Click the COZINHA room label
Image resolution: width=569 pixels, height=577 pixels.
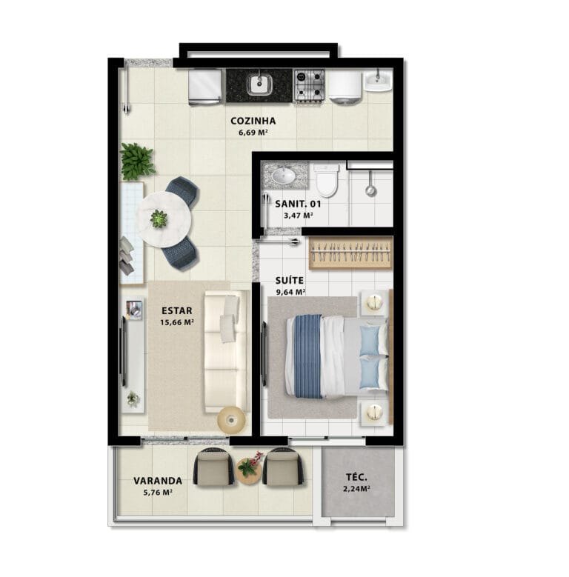pos(253,121)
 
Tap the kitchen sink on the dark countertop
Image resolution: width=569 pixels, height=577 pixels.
pos(259,84)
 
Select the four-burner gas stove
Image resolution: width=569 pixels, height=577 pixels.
pos(309,85)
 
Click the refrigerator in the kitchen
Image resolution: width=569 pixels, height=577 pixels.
pos(205,87)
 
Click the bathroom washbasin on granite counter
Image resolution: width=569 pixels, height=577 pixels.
pos(284,175)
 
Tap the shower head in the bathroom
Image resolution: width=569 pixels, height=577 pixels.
pos(370,190)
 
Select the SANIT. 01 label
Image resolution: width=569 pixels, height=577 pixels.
pos(298,204)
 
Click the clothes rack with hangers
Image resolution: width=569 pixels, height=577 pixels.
pos(350,253)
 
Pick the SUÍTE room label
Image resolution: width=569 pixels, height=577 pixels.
pos(289,281)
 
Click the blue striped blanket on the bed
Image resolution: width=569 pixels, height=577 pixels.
pos(308,356)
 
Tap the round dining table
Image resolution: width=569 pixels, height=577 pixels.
pos(164,219)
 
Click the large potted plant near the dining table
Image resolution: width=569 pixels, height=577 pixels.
pos(136,161)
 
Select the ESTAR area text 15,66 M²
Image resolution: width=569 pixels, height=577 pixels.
pos(177,323)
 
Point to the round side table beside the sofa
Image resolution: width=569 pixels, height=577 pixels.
pos(231,419)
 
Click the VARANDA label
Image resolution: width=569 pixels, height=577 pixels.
pos(158,481)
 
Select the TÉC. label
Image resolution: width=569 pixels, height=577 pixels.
pos(356,477)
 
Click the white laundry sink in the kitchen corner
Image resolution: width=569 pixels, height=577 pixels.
pos(378,80)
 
